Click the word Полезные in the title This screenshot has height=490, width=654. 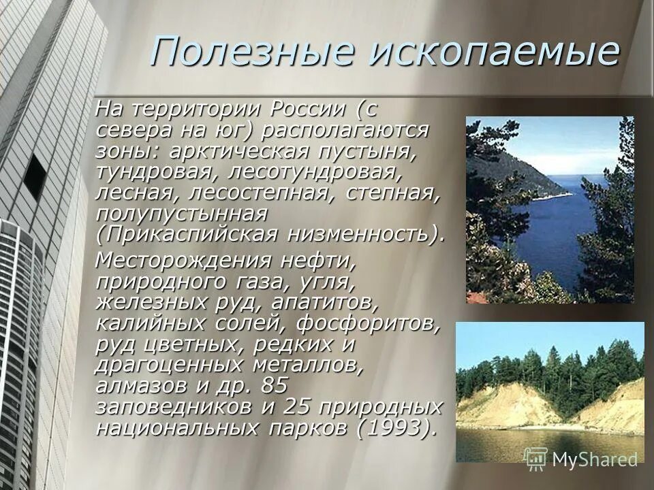tap(253, 52)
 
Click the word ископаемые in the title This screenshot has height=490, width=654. tap(494, 52)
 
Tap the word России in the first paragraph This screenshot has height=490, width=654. tap(307, 108)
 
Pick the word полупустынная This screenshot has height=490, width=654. tap(181, 213)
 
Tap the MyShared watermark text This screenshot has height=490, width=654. tap(594, 459)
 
